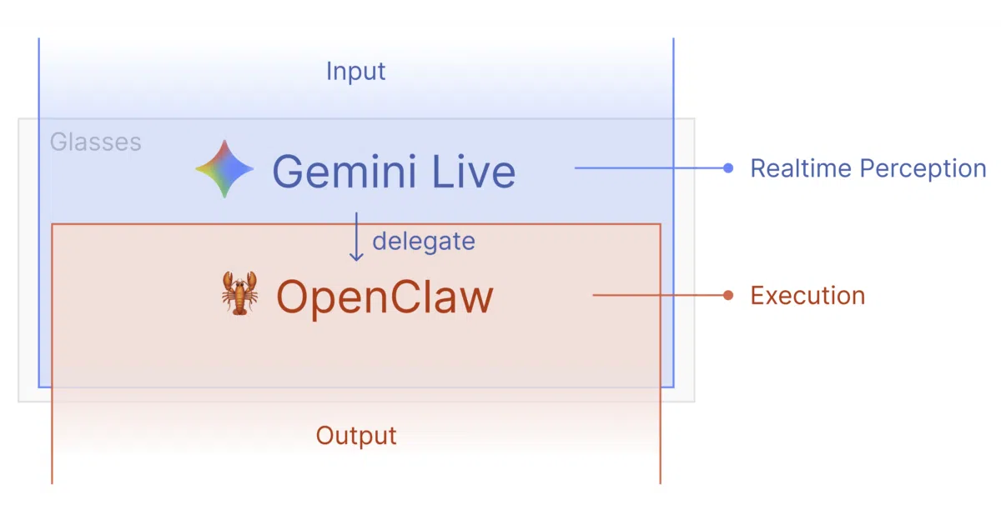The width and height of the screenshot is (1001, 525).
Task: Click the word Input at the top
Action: coord(355,72)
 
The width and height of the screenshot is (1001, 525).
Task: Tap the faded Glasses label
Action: coord(96,142)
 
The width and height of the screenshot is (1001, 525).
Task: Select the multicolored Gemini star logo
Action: coord(224,168)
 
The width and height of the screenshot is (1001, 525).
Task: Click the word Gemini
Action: coord(344,171)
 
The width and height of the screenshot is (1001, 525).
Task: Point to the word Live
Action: coord(474,171)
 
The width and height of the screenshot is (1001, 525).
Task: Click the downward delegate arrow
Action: coord(356,237)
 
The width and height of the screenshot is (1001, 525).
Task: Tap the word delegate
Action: coord(424,242)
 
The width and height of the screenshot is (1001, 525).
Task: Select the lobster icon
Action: coord(239,293)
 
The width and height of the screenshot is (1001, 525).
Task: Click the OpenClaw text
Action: coord(385,297)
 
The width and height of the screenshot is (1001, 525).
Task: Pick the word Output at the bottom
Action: coord(356,436)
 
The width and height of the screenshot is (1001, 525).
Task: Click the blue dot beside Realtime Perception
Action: coord(728,167)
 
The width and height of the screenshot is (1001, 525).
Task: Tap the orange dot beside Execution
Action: coord(728,295)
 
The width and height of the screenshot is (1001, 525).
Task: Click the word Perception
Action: coord(923,168)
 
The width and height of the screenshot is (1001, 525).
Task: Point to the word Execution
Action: coord(807,296)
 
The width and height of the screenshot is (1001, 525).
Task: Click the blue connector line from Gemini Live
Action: coord(651,167)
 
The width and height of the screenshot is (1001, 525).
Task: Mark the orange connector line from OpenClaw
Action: coord(660,295)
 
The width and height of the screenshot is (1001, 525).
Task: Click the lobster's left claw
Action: coord(228,282)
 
